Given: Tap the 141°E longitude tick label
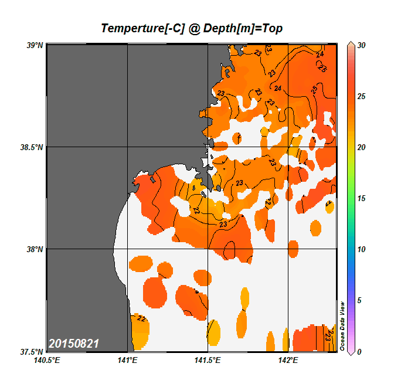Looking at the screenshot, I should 127,360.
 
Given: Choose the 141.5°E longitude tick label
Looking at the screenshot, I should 208,360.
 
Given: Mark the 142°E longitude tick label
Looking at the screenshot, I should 288,360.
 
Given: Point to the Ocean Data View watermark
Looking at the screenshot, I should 343,326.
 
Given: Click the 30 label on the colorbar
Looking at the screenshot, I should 361,45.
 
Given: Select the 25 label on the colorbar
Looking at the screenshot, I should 361,96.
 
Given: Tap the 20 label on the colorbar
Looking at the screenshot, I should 361,147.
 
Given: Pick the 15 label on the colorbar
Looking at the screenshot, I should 361,198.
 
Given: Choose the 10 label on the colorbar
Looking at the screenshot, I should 361,249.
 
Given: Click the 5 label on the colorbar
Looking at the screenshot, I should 359,300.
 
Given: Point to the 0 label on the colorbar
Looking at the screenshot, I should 359,352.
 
